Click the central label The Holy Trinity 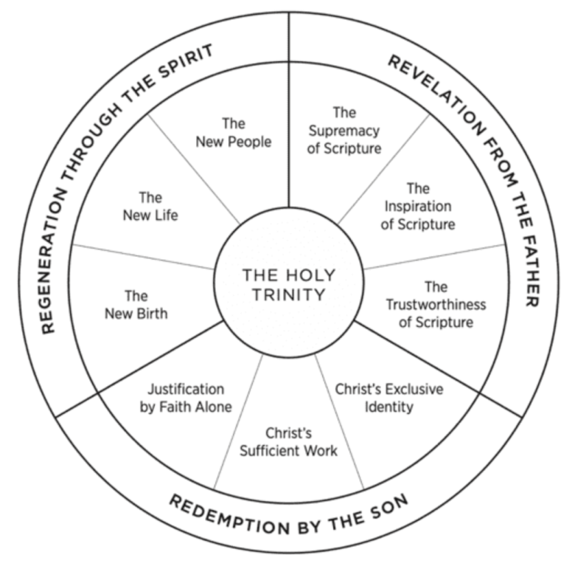[288, 285]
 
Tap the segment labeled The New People [233, 132]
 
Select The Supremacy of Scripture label [344, 131]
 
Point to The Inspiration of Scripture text [417, 206]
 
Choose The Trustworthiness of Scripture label [436, 304]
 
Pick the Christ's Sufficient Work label [288, 441]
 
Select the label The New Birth [136, 304]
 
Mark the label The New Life [150, 206]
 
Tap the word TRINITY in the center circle [288, 295]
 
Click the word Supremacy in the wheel [344, 131]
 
